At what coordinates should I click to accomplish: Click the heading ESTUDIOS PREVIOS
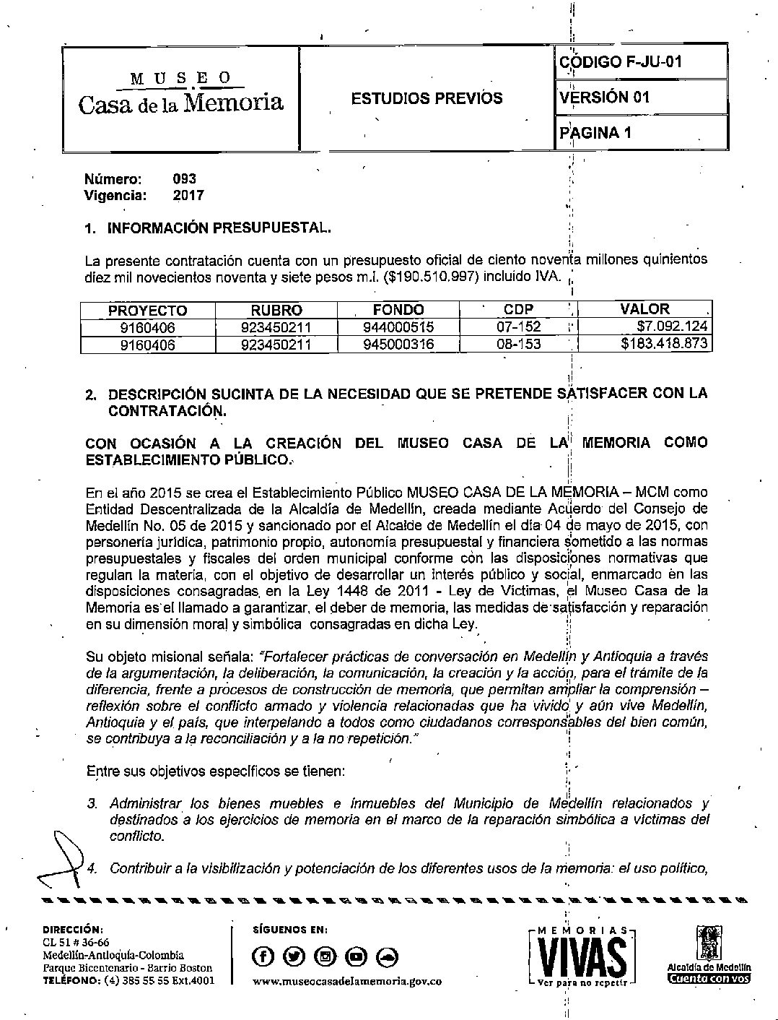pos(427,98)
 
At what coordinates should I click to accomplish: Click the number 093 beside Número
pos(185,179)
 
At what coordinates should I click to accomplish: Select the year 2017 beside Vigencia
pos(188,195)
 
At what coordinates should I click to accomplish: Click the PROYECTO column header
pos(147,311)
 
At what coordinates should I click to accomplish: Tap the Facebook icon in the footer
pos(263,956)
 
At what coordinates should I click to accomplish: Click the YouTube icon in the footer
pos(356,956)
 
